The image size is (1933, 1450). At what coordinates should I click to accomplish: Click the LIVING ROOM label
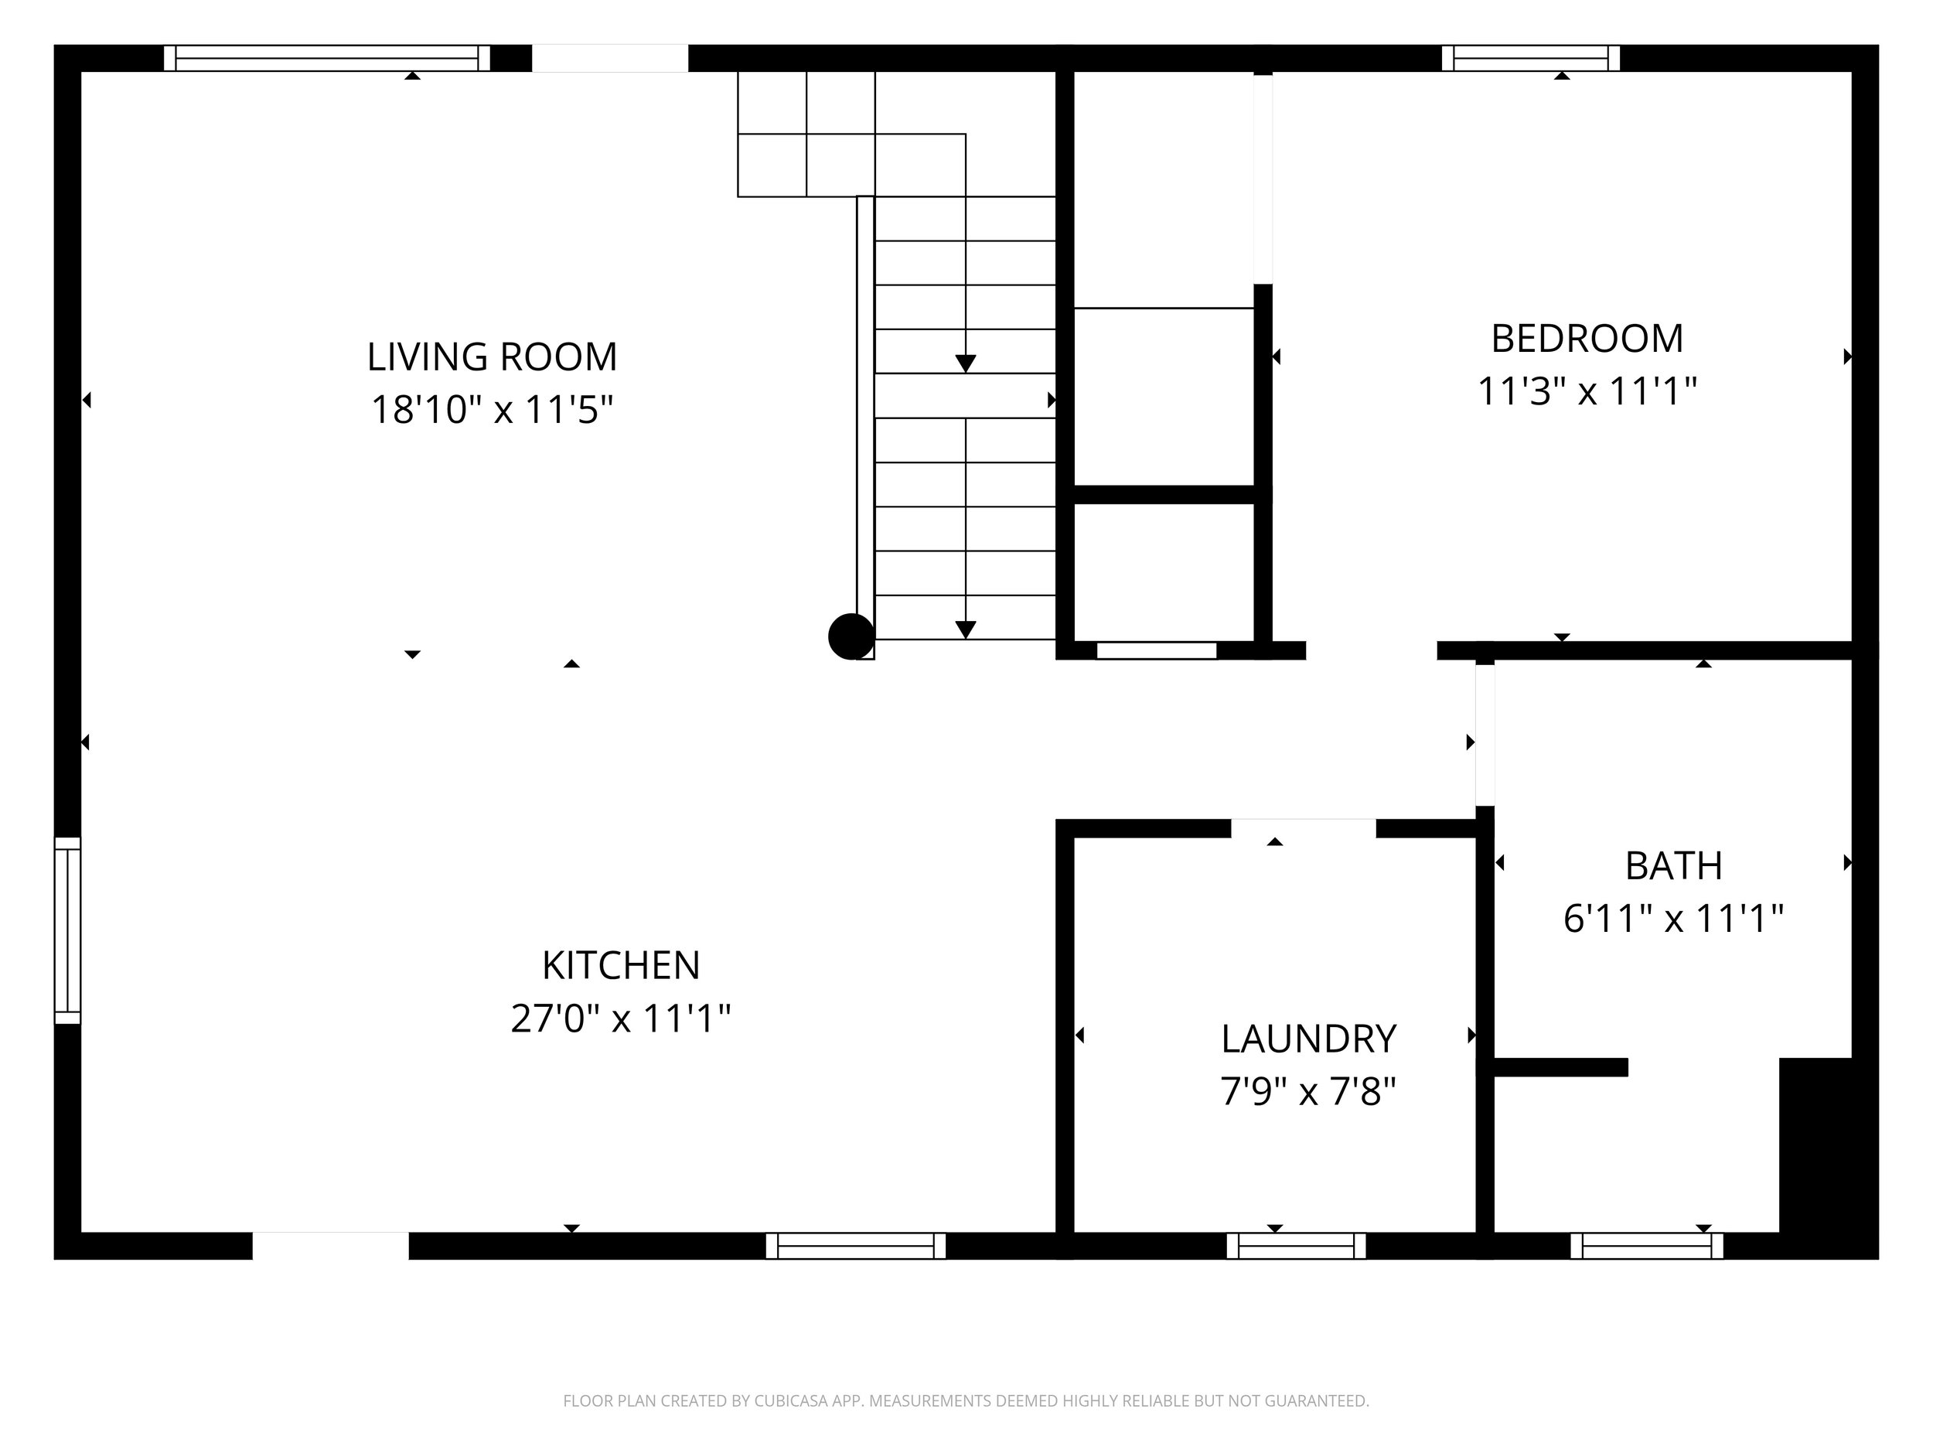pos(492,357)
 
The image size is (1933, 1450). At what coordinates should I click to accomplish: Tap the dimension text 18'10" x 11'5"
pos(492,409)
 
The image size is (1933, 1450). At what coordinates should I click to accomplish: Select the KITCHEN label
pos(620,965)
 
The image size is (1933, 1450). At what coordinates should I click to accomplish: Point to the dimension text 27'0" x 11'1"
pos(620,1018)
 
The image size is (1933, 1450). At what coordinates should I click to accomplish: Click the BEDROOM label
pos(1586,338)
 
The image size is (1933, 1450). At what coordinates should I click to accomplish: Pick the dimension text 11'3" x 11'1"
pos(1586,391)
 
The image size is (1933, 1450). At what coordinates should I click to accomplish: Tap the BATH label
pos(1672,865)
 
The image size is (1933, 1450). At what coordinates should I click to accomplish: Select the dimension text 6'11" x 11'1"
pos(1672,918)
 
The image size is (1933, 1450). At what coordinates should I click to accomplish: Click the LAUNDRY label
pos(1308,1039)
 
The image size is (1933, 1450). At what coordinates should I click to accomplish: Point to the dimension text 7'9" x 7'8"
pos(1308,1090)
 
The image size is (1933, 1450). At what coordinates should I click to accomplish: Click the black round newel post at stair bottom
pos(851,636)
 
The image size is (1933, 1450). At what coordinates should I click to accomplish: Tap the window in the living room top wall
pos(327,58)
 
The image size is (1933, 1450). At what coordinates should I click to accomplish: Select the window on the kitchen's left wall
pos(67,930)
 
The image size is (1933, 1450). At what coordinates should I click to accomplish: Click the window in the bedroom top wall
pos(1530,58)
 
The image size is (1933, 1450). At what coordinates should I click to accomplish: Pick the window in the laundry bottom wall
pos(1296,1246)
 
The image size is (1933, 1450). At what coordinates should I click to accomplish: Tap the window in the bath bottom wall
pos(1646,1246)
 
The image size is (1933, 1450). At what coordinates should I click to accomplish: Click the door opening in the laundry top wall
pos(1303,827)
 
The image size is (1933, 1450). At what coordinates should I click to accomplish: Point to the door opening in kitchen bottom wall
pos(330,1246)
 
